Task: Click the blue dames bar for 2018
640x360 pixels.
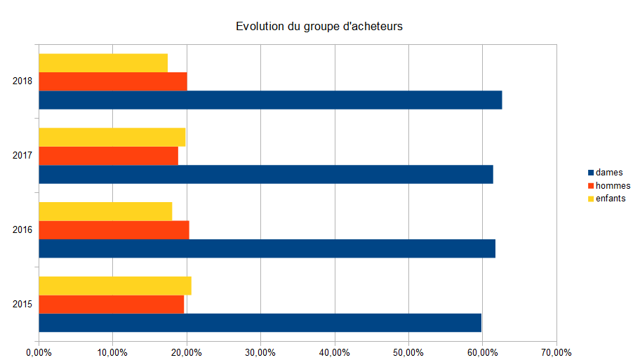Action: [270, 100]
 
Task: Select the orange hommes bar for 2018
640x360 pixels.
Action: [113, 81]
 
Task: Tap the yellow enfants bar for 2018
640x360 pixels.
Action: [103, 63]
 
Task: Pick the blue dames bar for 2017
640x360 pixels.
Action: [266, 174]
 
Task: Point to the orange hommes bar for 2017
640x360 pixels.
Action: [108, 156]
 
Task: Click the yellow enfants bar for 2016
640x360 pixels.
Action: [105, 211]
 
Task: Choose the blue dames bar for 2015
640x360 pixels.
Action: [260, 323]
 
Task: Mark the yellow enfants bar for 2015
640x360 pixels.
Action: [115, 286]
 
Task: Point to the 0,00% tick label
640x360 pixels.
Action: [39, 352]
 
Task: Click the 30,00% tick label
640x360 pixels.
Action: [260, 352]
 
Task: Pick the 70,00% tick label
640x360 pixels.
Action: [556, 352]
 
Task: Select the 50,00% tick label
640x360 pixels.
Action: [408, 352]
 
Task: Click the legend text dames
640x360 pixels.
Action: [608, 173]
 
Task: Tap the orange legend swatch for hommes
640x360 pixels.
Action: [590, 186]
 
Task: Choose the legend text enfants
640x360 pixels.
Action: [611, 199]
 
